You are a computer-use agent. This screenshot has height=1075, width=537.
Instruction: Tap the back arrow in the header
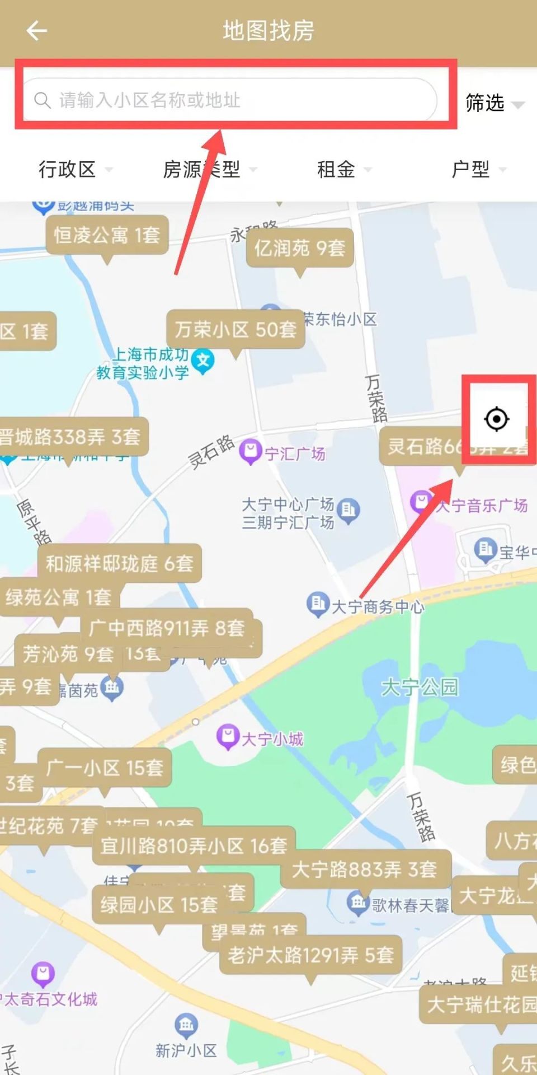37,31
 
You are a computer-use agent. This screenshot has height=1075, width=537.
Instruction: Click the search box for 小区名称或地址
229,100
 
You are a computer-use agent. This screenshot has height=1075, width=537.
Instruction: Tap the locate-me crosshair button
497,419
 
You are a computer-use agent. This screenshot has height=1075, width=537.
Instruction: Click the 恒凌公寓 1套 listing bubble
107,235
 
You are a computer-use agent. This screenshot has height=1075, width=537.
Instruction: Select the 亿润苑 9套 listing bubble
300,248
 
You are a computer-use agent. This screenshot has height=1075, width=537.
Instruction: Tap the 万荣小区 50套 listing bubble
235,329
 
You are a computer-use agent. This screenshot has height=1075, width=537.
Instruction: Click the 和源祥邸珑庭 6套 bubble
119,563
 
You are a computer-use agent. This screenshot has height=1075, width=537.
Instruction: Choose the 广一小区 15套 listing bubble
105,767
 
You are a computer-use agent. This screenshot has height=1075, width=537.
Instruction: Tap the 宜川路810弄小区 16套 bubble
194,845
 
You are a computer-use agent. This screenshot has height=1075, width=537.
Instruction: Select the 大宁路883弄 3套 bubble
364,869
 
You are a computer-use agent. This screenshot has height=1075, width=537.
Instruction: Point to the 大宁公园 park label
420,686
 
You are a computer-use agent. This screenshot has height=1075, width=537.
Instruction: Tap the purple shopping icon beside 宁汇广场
250,451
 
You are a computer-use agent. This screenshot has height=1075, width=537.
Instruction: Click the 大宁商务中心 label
378,606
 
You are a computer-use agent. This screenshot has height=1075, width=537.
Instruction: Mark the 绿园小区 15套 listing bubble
159,905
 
